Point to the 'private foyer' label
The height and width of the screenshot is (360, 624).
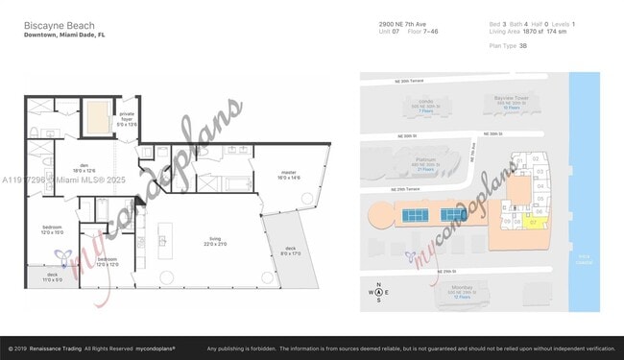pyautogui.click(x=126, y=121)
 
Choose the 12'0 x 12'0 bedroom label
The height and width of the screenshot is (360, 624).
pyautogui.click(x=107, y=261)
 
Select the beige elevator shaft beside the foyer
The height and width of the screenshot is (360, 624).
pyautogui.click(x=96, y=120)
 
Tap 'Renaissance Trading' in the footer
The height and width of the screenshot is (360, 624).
pyautogui.click(x=58, y=348)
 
